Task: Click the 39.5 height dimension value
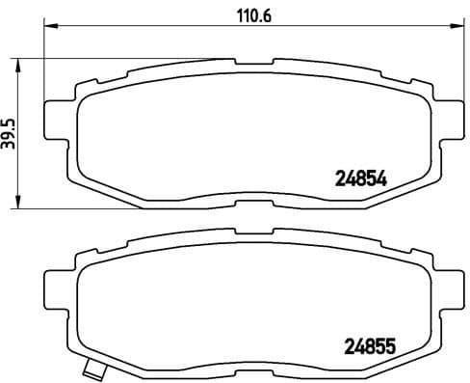[x=11, y=134]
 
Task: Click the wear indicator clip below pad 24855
[x=93, y=369]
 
